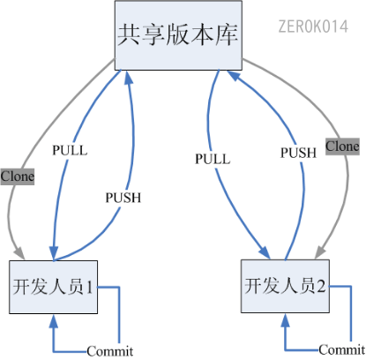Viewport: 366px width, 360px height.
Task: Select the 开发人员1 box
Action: tap(56, 286)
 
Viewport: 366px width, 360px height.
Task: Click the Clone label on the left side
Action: tap(17, 176)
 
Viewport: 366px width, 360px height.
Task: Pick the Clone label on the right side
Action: tap(342, 146)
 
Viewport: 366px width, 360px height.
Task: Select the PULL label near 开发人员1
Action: tap(70, 150)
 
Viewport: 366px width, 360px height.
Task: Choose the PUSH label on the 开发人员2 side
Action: tap(298, 152)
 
